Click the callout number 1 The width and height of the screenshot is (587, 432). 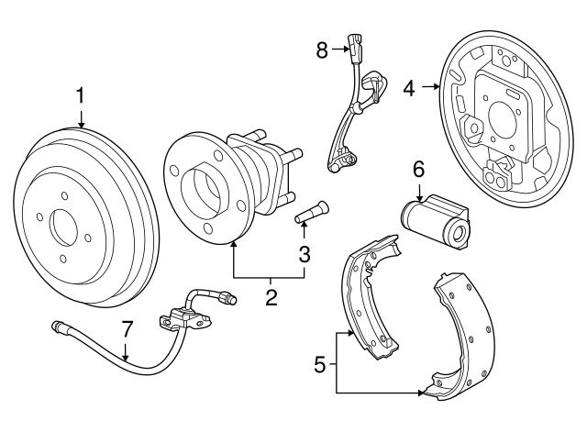[81, 95]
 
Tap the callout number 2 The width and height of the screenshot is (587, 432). [271, 297]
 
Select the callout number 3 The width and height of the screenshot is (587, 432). [305, 252]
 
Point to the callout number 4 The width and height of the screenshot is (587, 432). [410, 88]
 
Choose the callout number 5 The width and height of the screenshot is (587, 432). [320, 365]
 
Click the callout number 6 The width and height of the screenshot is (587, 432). [418, 169]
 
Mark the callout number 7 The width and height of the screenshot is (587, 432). [127, 328]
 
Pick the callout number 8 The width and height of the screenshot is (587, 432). [323, 50]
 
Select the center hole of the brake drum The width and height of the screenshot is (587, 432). [65, 226]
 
